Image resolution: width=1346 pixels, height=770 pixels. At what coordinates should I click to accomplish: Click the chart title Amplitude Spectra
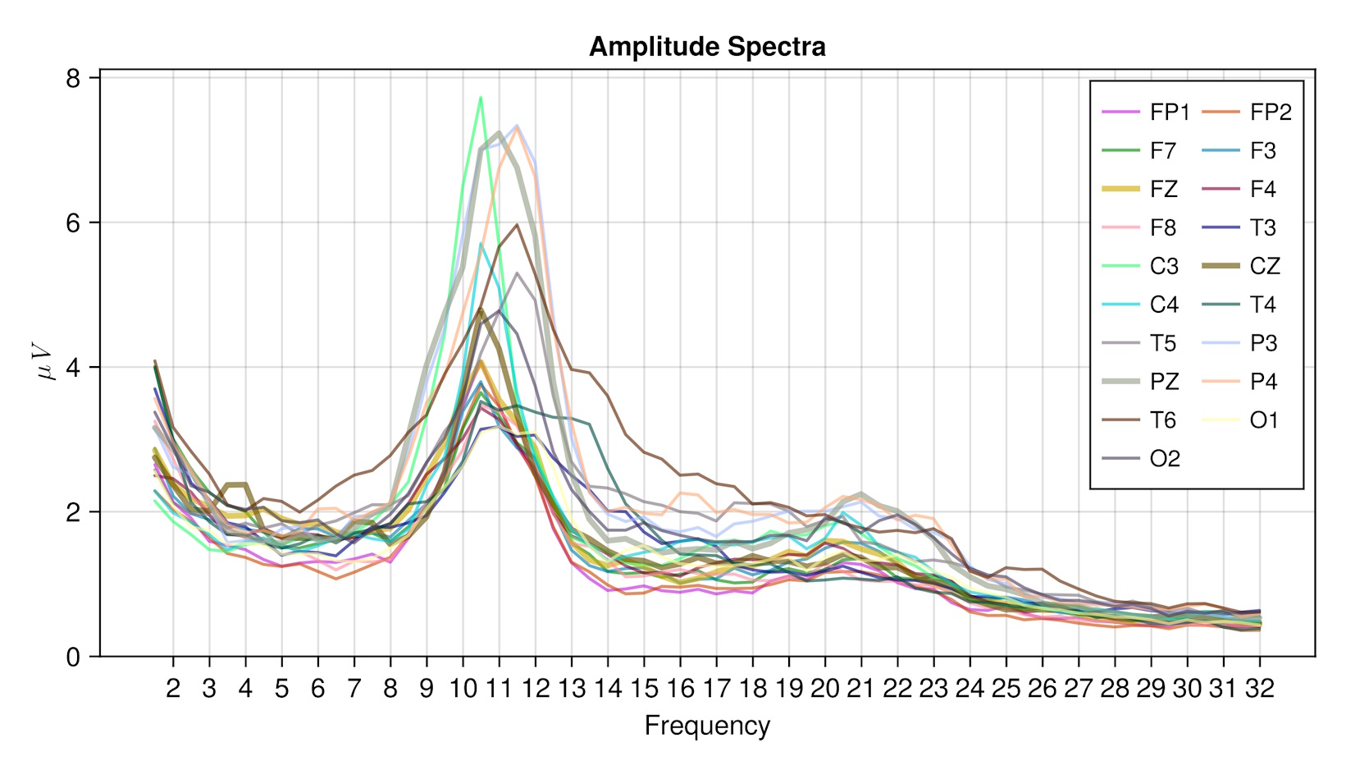tap(706, 47)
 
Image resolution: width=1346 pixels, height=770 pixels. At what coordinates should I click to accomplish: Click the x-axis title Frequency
tap(706, 726)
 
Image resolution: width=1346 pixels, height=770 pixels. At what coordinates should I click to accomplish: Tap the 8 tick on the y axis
tap(74, 79)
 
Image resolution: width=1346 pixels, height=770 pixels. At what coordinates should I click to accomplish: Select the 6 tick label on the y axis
tap(74, 222)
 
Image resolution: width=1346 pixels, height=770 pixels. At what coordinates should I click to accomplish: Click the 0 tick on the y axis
tap(74, 657)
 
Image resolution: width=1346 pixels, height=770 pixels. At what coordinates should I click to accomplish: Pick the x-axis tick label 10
tap(463, 688)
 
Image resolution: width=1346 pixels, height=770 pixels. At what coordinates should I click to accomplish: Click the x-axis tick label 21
tap(860, 688)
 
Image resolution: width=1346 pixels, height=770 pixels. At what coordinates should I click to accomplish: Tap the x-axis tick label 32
tap(1259, 688)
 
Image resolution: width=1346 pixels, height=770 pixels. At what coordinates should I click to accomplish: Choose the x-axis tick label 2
tap(173, 688)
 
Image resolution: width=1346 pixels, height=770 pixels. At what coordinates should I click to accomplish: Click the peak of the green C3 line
tap(481, 98)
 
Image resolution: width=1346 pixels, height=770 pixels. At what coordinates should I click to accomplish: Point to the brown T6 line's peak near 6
tap(517, 224)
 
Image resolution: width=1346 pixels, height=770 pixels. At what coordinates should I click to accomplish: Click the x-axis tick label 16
tap(680, 688)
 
